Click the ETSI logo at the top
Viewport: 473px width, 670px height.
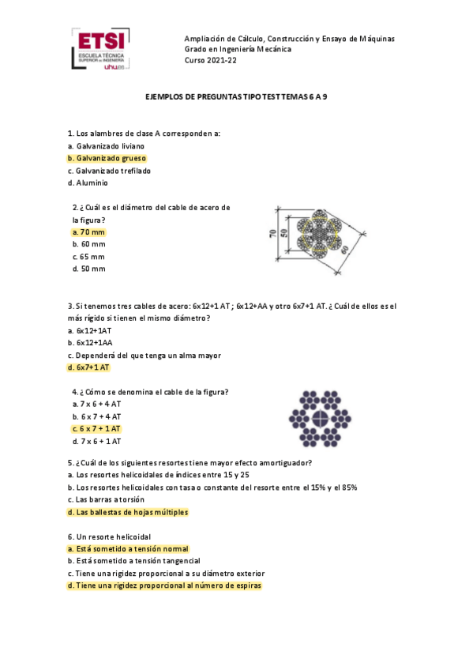[x=101, y=50]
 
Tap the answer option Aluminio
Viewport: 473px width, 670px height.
[x=91, y=183]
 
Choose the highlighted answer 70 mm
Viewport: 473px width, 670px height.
[x=88, y=232]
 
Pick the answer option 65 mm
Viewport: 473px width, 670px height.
[x=88, y=257]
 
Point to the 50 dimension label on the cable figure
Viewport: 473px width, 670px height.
[x=282, y=235]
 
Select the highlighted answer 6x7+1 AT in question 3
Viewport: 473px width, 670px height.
[x=89, y=368]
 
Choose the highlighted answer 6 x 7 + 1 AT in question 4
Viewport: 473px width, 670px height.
[x=96, y=428]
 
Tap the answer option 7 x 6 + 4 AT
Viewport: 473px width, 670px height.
[x=96, y=403]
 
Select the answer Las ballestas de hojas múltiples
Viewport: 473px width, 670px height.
[x=128, y=512]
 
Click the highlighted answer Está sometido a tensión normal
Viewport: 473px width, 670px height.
[x=128, y=548]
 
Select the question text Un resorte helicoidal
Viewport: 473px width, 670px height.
[x=109, y=536]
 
